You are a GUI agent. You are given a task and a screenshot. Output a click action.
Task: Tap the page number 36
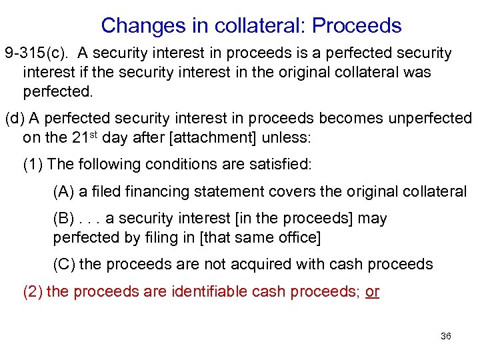[446, 336]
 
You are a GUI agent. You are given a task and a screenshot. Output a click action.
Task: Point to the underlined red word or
[373, 291]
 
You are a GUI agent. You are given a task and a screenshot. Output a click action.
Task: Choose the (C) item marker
[64, 264]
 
